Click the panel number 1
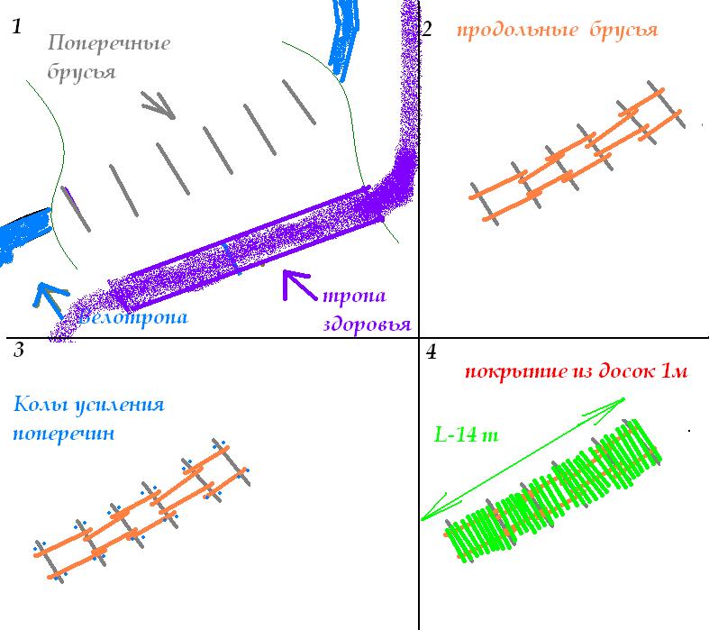pos(16,27)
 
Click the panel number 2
pos(427,30)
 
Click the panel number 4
pos(432,351)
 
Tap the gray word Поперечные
pos(107,43)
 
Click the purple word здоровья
pos(365,324)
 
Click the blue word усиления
pos(121,405)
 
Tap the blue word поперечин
pos(64,434)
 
